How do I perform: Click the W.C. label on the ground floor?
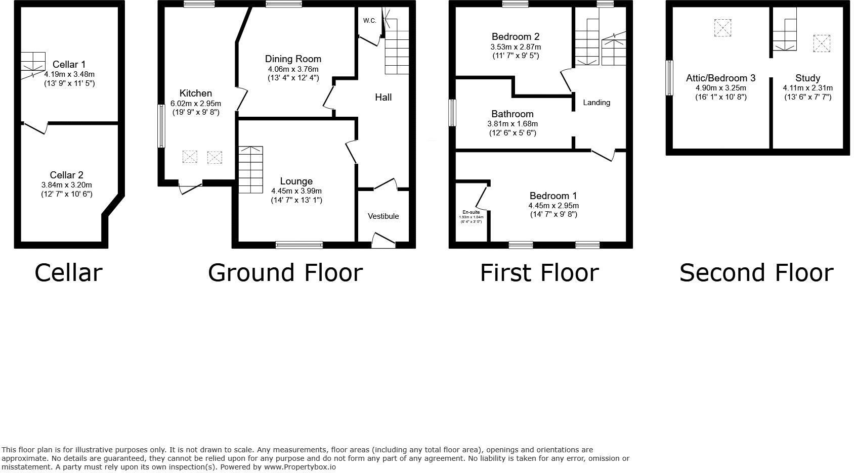369,21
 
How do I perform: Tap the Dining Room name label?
293,59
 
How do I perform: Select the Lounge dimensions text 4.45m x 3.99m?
296,191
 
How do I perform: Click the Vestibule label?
383,216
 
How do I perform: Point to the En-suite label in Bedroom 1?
471,212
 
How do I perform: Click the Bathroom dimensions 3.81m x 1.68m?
512,124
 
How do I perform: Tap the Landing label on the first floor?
596,103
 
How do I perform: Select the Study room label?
807,78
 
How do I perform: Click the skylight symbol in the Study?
822,43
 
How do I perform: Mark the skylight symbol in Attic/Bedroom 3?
723,28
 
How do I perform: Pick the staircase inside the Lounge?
250,170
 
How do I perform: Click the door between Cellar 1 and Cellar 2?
35,127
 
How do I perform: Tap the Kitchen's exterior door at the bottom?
190,187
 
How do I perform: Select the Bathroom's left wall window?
453,112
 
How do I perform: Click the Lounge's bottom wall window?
299,245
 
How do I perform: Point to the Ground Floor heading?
285,273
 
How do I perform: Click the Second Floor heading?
756,273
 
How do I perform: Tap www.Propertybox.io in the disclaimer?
300,467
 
